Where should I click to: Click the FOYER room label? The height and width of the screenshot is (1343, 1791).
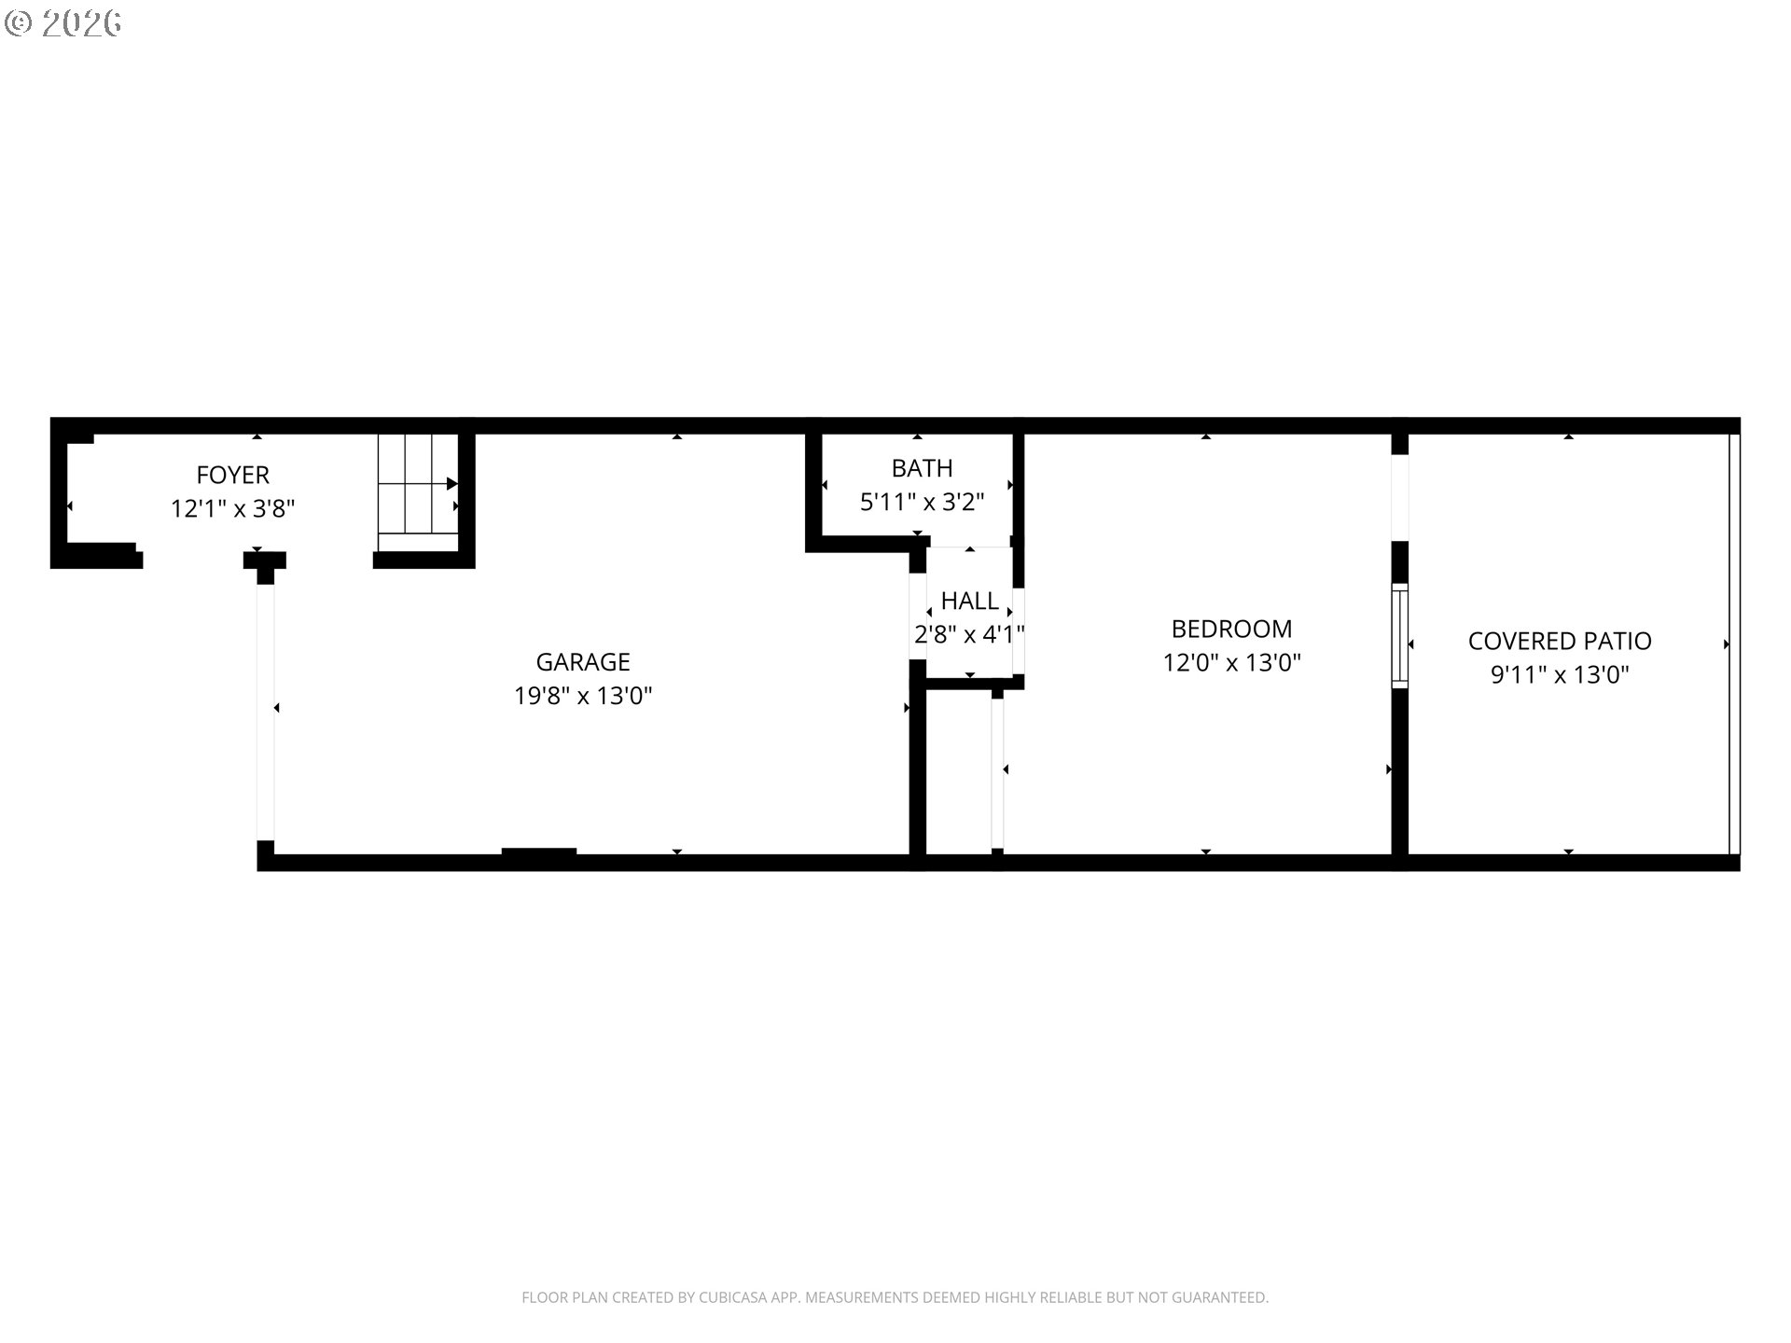point(232,475)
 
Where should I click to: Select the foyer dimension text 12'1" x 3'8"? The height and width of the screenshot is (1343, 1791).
point(232,509)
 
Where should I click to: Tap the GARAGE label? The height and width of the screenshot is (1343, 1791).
point(583,661)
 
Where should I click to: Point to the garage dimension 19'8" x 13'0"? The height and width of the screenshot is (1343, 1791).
point(583,696)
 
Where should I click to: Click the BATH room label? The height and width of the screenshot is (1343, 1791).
point(922,467)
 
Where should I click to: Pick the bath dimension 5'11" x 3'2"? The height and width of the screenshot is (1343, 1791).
point(922,503)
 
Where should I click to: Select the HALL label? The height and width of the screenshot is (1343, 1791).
point(969,601)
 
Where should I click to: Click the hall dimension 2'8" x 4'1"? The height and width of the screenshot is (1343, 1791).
point(969,635)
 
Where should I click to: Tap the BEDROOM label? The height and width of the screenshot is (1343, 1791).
point(1231,628)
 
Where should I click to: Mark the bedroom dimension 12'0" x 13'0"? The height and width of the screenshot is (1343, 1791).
point(1231,663)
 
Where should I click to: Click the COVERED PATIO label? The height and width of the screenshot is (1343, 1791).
point(1560,641)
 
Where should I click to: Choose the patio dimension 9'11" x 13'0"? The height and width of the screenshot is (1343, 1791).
point(1560,674)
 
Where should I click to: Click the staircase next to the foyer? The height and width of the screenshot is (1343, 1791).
point(417,494)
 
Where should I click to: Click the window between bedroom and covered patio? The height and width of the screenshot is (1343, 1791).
point(1399,635)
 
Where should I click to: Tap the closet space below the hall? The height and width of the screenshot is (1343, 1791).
point(959,772)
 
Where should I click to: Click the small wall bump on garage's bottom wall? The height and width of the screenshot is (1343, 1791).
point(538,851)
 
